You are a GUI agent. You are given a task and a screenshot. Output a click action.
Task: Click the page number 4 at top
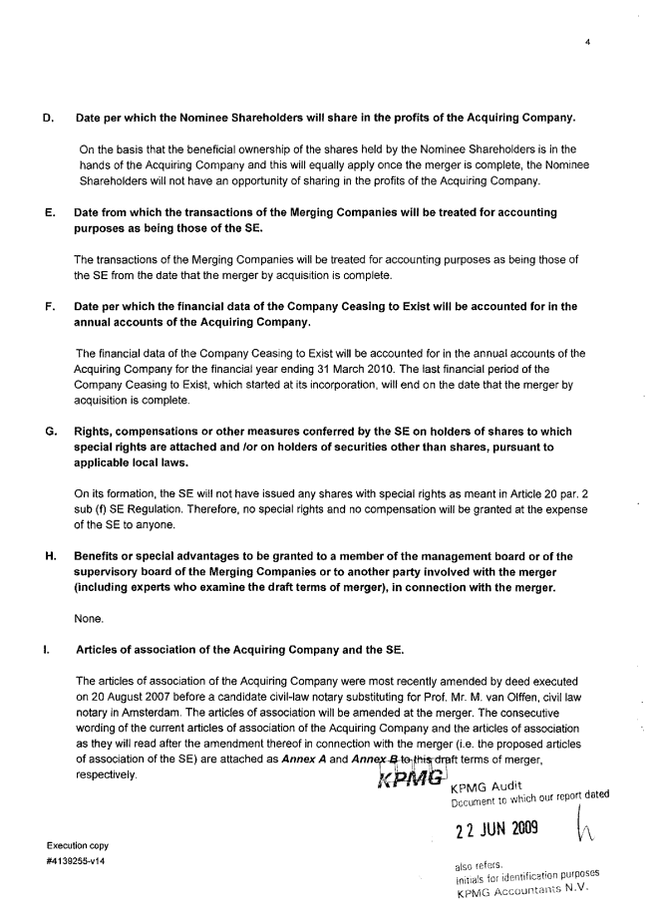pyautogui.click(x=590, y=42)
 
